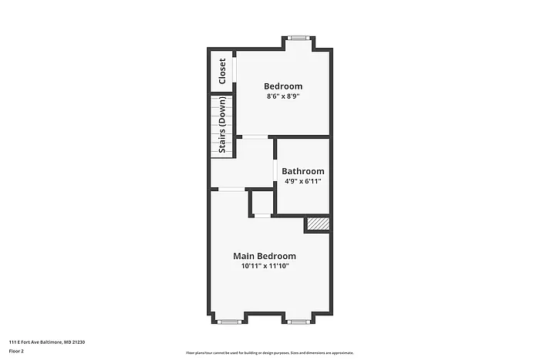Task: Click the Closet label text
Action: (222, 71)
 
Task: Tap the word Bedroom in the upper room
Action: (283, 86)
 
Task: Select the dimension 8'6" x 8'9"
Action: (283, 97)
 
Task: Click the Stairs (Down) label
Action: (222, 125)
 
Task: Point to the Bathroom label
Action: (302, 171)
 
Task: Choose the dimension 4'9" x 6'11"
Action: (302, 182)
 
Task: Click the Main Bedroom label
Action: (265, 256)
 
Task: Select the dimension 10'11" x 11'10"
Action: (265, 267)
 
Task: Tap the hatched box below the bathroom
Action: (318, 224)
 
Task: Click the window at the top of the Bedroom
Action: (299, 37)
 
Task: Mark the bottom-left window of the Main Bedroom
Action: (228, 321)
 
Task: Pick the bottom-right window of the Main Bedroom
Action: (299, 321)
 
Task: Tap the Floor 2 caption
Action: (17, 351)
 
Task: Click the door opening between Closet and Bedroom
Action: (235, 71)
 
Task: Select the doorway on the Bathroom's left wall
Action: (275, 168)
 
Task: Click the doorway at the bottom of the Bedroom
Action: (255, 137)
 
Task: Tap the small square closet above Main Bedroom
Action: (262, 202)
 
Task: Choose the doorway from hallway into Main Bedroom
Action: (232, 189)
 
